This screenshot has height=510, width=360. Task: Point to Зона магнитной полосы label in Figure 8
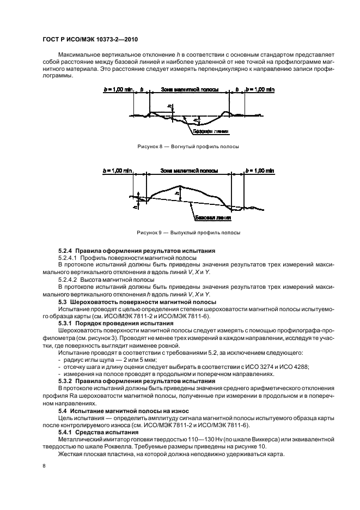point(190,88)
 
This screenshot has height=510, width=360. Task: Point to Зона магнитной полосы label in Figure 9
point(190,171)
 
